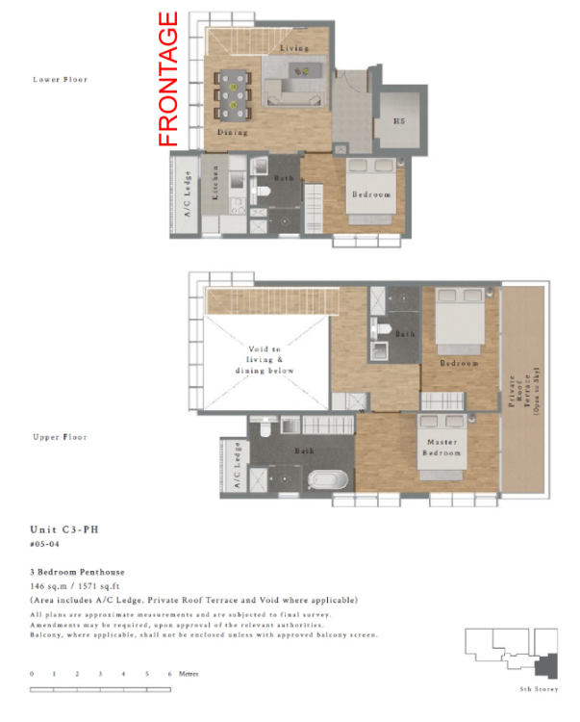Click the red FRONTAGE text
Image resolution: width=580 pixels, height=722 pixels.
[168, 79]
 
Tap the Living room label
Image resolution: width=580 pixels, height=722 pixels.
[293, 47]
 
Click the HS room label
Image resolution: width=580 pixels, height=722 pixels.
[399, 121]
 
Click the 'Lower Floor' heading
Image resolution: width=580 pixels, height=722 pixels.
[60, 79]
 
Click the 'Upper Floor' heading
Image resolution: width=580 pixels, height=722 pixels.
[60, 437]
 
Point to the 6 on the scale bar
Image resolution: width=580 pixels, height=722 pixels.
[169, 674]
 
